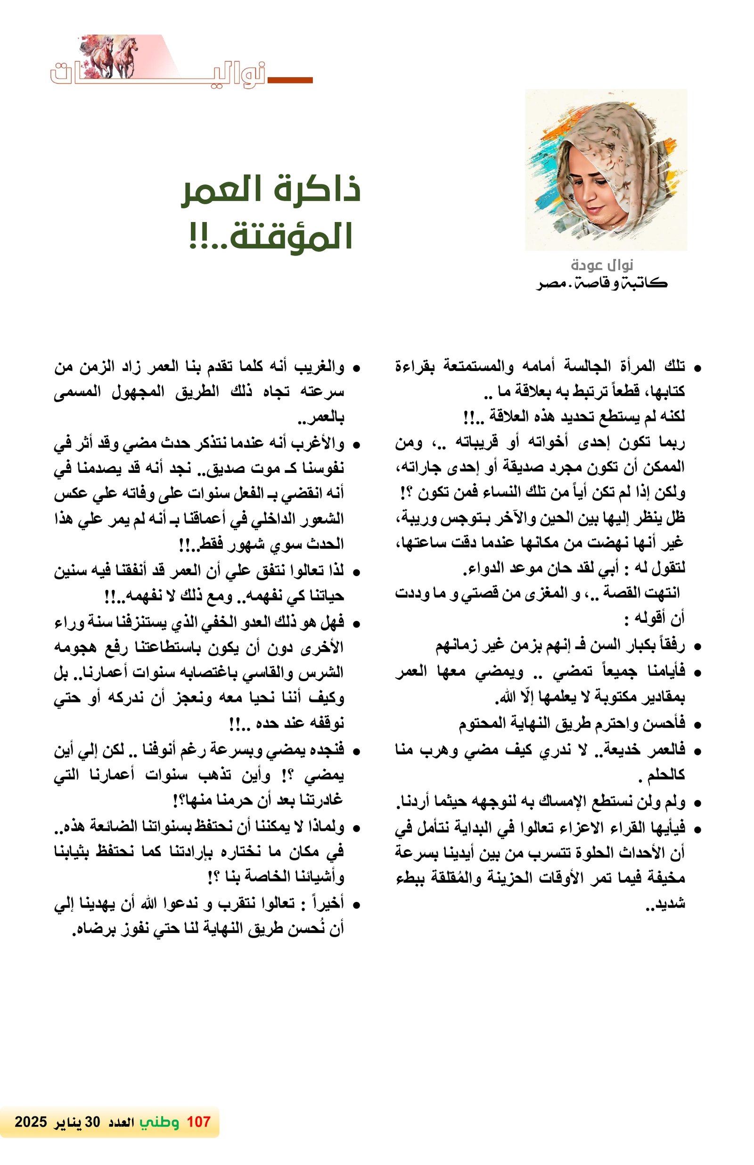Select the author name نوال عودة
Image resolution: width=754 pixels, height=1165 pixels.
[602, 265]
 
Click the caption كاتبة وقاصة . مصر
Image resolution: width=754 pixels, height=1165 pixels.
[602, 283]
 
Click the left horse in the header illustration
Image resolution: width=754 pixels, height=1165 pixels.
[101, 56]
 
